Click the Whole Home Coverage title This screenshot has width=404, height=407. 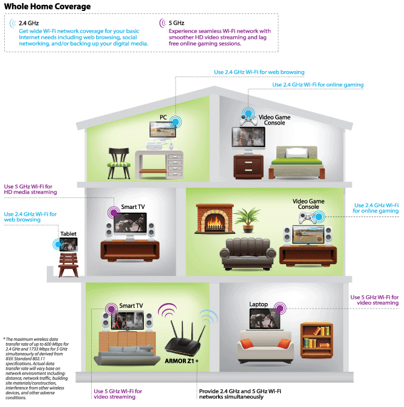[x=47, y=7]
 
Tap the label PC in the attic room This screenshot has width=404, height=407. [x=163, y=117]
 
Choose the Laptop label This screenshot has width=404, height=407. [x=258, y=304]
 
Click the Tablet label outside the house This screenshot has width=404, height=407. [x=68, y=234]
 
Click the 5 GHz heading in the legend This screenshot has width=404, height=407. [x=177, y=22]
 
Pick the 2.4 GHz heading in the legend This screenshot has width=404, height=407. [x=29, y=22]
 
